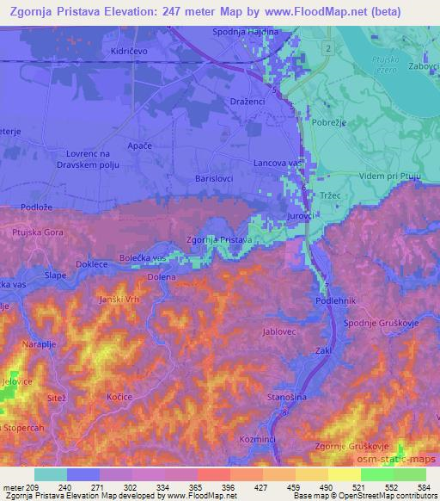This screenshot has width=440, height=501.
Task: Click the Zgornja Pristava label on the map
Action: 218,239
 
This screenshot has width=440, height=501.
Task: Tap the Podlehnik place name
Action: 334,300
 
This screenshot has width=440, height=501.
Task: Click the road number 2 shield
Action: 328,49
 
